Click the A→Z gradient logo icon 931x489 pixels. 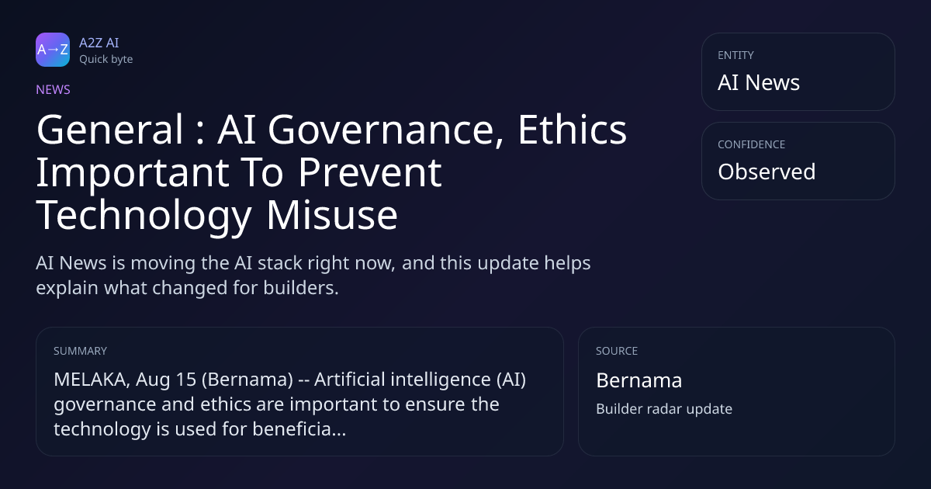(53, 50)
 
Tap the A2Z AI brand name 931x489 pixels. (99, 43)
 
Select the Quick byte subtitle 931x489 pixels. (106, 60)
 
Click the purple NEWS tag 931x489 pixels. (53, 90)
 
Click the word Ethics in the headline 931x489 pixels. (572, 130)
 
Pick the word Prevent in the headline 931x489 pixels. (370, 172)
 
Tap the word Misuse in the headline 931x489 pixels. (332, 215)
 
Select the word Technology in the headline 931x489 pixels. (144, 217)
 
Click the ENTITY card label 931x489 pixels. (735, 55)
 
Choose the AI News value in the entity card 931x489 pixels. (759, 82)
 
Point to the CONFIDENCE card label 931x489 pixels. (752, 144)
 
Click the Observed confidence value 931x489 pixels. (767, 172)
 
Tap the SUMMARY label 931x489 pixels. (80, 351)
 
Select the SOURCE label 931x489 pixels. (617, 351)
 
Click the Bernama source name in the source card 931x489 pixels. (639, 380)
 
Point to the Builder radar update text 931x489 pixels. (664, 409)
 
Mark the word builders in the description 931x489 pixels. (301, 288)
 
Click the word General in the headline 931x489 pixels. (109, 130)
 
